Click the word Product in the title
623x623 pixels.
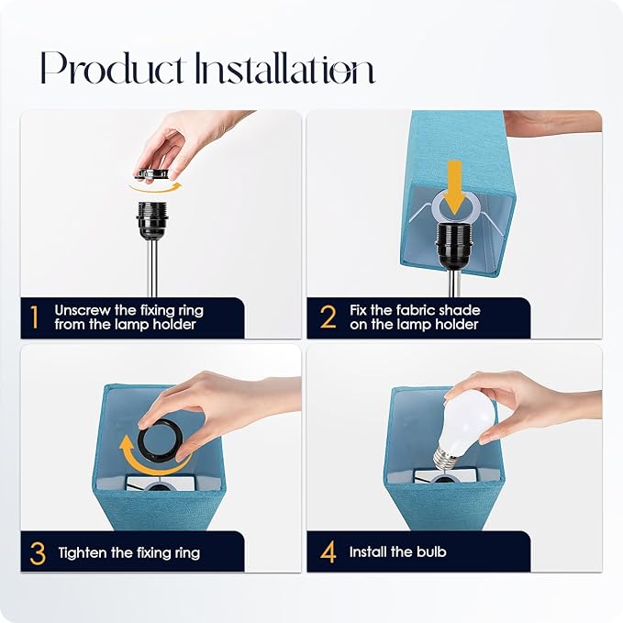pyautogui.click(x=113, y=68)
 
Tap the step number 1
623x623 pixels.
pyautogui.click(x=35, y=317)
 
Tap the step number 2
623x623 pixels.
pyautogui.click(x=328, y=317)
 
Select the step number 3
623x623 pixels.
pyautogui.click(x=38, y=553)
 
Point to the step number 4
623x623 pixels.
pyautogui.click(x=328, y=552)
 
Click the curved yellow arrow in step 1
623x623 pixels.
pyautogui.click(x=156, y=187)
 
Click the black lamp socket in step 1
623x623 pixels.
pyautogui.click(x=151, y=220)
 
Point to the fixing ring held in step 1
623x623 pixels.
pyautogui.click(x=151, y=173)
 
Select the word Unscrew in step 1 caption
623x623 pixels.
pyautogui.click(x=83, y=310)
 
